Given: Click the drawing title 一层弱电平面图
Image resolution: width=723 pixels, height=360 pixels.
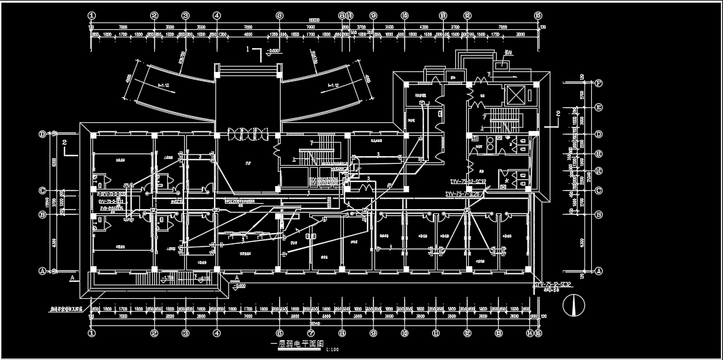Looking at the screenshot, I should pyautogui.click(x=297, y=344).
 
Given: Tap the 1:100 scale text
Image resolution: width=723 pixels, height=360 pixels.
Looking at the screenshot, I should pyautogui.click(x=332, y=349).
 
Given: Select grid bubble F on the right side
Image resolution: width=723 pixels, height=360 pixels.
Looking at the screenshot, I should pyautogui.click(x=599, y=84).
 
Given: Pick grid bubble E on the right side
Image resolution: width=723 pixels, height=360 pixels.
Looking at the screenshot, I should pyautogui.click(x=599, y=107).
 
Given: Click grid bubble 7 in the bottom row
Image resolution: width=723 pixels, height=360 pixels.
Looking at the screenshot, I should pyautogui.click(x=311, y=334).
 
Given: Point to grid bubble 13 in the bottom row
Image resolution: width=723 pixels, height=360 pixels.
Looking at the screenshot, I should pyautogui.click(x=498, y=334).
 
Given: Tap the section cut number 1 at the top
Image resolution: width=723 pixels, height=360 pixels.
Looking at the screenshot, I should pyautogui.click(x=249, y=50).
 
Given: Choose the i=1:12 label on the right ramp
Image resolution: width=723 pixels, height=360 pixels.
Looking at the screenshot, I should pyautogui.click(x=334, y=85).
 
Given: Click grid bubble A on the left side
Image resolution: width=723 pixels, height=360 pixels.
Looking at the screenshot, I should pyautogui.click(x=43, y=270).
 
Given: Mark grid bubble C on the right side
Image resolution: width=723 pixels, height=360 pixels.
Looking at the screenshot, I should pyautogui.click(x=599, y=190).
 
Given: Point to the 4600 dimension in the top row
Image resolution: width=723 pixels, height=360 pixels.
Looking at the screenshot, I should pyautogui.click(x=248, y=33).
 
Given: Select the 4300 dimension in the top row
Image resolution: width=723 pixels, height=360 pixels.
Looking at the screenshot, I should pyautogui.click(x=424, y=26).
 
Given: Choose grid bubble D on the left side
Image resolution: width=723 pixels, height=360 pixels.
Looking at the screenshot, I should pyautogui.click(x=43, y=134).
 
